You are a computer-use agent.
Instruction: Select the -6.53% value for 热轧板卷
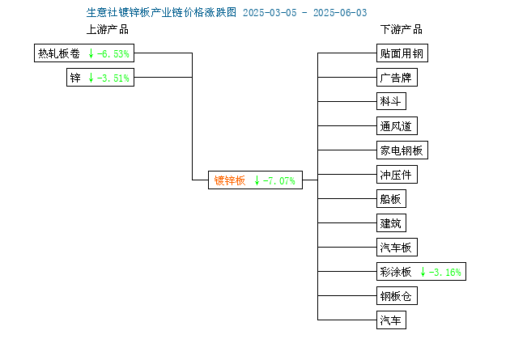tap(113, 53)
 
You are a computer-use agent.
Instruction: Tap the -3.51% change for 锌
tap(113, 78)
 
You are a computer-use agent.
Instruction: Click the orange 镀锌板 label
tap(230, 180)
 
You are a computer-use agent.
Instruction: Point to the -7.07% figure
tap(279, 180)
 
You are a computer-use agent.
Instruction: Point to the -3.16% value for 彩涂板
tap(445, 273)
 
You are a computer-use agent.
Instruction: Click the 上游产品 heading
tap(108, 29)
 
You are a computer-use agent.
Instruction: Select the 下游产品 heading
tap(402, 29)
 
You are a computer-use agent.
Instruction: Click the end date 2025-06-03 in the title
tap(340, 13)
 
